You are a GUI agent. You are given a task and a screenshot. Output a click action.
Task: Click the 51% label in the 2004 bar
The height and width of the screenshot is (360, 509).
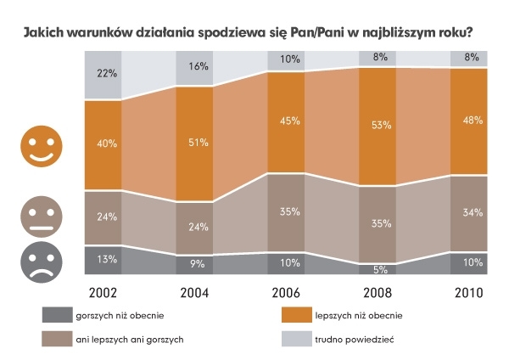pyautogui.click(x=199, y=142)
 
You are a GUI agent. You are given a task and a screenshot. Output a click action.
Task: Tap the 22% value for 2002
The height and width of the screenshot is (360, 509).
pyautogui.click(x=106, y=75)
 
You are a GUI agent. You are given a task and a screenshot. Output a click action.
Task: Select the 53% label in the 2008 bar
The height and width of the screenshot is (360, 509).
pyautogui.click(x=381, y=126)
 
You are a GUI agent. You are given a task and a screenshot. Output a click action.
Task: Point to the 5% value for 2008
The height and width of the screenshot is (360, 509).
pyautogui.click(x=381, y=269)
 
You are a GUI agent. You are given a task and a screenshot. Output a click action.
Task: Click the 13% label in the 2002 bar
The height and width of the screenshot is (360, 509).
pyautogui.click(x=106, y=260)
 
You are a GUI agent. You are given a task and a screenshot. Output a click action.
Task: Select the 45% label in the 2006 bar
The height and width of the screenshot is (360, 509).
pyautogui.click(x=290, y=120)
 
